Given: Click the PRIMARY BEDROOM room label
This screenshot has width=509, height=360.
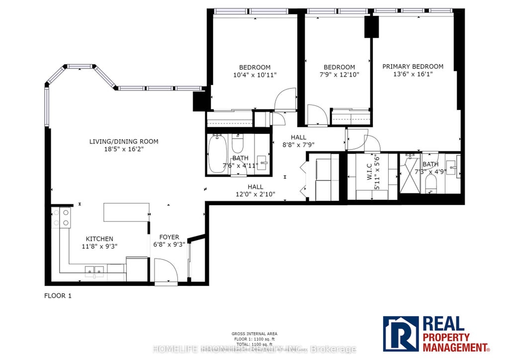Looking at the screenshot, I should [x=413, y=67].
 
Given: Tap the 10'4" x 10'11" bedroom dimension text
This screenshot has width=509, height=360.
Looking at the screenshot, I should [x=254, y=75].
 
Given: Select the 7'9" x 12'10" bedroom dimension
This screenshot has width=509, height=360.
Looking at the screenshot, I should [x=339, y=75].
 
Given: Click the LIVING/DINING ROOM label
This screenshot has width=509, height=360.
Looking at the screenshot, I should [x=124, y=142].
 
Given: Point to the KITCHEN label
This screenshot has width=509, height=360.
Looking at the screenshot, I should [x=99, y=239].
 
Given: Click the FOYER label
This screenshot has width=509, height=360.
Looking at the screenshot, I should [x=169, y=237].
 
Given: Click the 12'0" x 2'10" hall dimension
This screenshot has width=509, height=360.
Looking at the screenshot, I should [x=255, y=194].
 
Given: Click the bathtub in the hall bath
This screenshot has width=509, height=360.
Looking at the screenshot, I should [x=218, y=154].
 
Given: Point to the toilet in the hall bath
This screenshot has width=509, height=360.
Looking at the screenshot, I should [x=238, y=144].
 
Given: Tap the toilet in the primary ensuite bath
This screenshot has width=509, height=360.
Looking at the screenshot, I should [x=431, y=185].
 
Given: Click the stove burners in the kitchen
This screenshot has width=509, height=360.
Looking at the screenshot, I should [x=60, y=217].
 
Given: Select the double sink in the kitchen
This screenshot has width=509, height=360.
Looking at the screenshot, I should [x=94, y=270].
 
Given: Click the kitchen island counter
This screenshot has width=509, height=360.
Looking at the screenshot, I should [x=126, y=212].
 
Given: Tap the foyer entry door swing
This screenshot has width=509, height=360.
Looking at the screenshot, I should [x=166, y=271].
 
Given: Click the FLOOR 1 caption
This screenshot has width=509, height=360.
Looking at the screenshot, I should [x=58, y=296].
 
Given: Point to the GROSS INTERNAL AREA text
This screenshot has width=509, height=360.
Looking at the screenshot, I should [x=254, y=334].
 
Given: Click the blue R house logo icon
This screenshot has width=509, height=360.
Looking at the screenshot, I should [x=401, y=334].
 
